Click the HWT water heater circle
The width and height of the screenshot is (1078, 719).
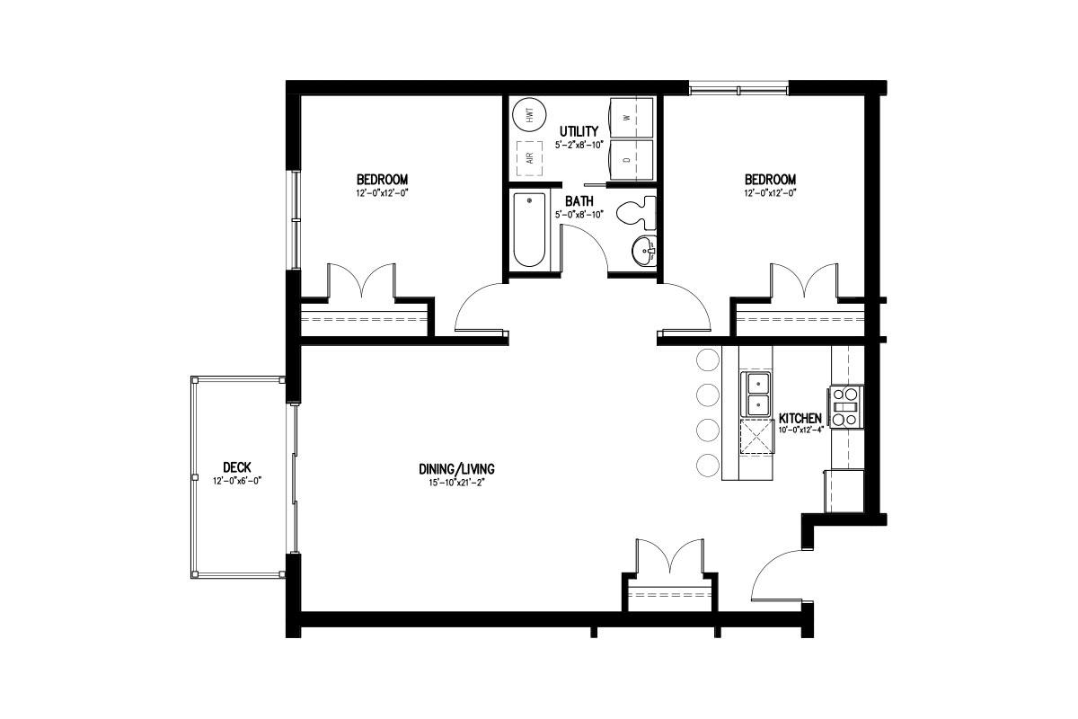coord(529,115)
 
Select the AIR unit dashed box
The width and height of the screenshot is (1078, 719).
coord(530,158)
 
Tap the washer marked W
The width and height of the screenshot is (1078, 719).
coord(632,118)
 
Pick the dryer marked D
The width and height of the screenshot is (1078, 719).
coord(632,160)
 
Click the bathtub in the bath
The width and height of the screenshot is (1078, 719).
coord(529,230)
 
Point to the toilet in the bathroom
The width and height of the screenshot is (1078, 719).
coord(636,212)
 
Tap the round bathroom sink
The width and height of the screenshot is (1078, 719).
coord(644,251)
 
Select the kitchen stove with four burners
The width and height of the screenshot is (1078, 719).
coord(845,407)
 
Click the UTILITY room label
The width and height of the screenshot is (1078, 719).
coord(579,131)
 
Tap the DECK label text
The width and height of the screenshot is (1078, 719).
coord(237,467)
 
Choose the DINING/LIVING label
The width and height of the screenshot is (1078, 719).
coord(456,469)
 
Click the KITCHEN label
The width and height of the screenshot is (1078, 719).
coord(800,418)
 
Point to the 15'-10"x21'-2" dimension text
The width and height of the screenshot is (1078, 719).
coord(455,483)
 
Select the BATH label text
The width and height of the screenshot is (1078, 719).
coord(579,200)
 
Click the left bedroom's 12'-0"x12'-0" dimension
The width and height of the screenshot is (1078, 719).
coord(382,193)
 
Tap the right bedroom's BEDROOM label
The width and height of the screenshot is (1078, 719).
coord(770,180)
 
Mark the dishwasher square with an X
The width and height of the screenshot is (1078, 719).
coord(757,437)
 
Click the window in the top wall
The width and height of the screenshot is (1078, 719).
coord(738,90)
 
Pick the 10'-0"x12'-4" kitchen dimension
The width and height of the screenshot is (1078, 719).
coord(798,430)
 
